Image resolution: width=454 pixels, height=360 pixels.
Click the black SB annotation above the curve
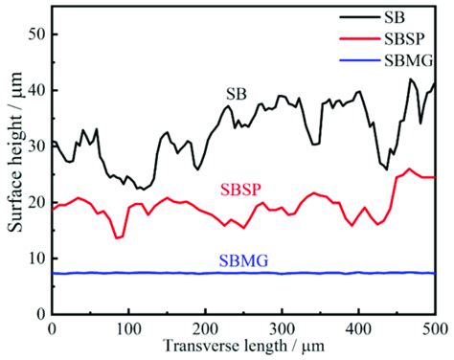(x=236, y=94)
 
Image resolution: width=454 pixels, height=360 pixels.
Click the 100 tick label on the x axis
(x=128, y=328)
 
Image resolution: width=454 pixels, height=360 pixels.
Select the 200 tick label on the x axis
(x=205, y=328)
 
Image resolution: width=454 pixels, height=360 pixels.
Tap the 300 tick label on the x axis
(x=282, y=328)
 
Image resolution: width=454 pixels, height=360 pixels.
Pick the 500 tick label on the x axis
(x=433, y=328)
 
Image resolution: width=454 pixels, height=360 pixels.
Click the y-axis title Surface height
(x=12, y=172)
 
